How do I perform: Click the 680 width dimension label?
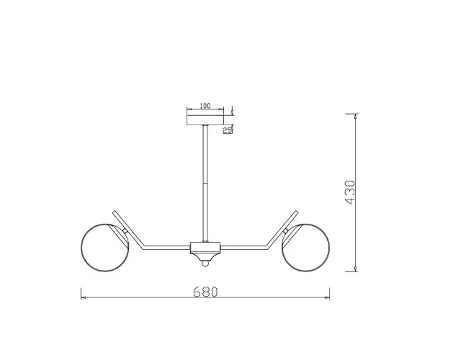coord(205,292)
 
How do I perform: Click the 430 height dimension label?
coord(350,192)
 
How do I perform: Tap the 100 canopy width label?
coord(205,106)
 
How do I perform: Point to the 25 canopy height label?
coord(228,130)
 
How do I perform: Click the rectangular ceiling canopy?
coord(205,120)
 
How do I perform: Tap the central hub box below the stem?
coord(205,248)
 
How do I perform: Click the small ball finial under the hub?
coord(205,264)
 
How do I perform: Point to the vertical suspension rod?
coord(205,184)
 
